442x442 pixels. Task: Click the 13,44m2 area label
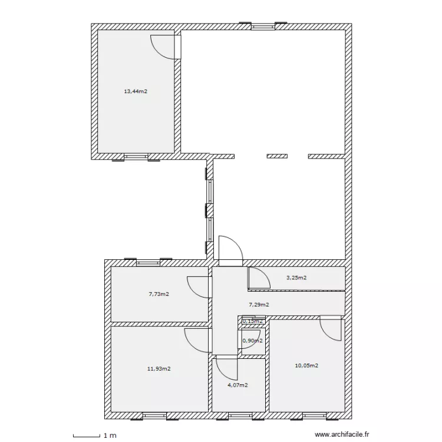136,91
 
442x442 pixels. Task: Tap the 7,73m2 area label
159,293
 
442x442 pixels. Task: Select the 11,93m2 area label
159,369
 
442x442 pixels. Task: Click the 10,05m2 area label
306,365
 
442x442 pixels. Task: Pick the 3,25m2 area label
296,278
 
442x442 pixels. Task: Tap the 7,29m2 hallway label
259,305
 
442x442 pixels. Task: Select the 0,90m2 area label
253,341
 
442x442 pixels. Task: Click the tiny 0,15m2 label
253,321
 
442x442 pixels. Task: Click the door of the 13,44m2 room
165,47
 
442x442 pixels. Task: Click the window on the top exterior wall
263,25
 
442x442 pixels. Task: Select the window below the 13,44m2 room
136,157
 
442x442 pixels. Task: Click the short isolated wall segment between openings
277,156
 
